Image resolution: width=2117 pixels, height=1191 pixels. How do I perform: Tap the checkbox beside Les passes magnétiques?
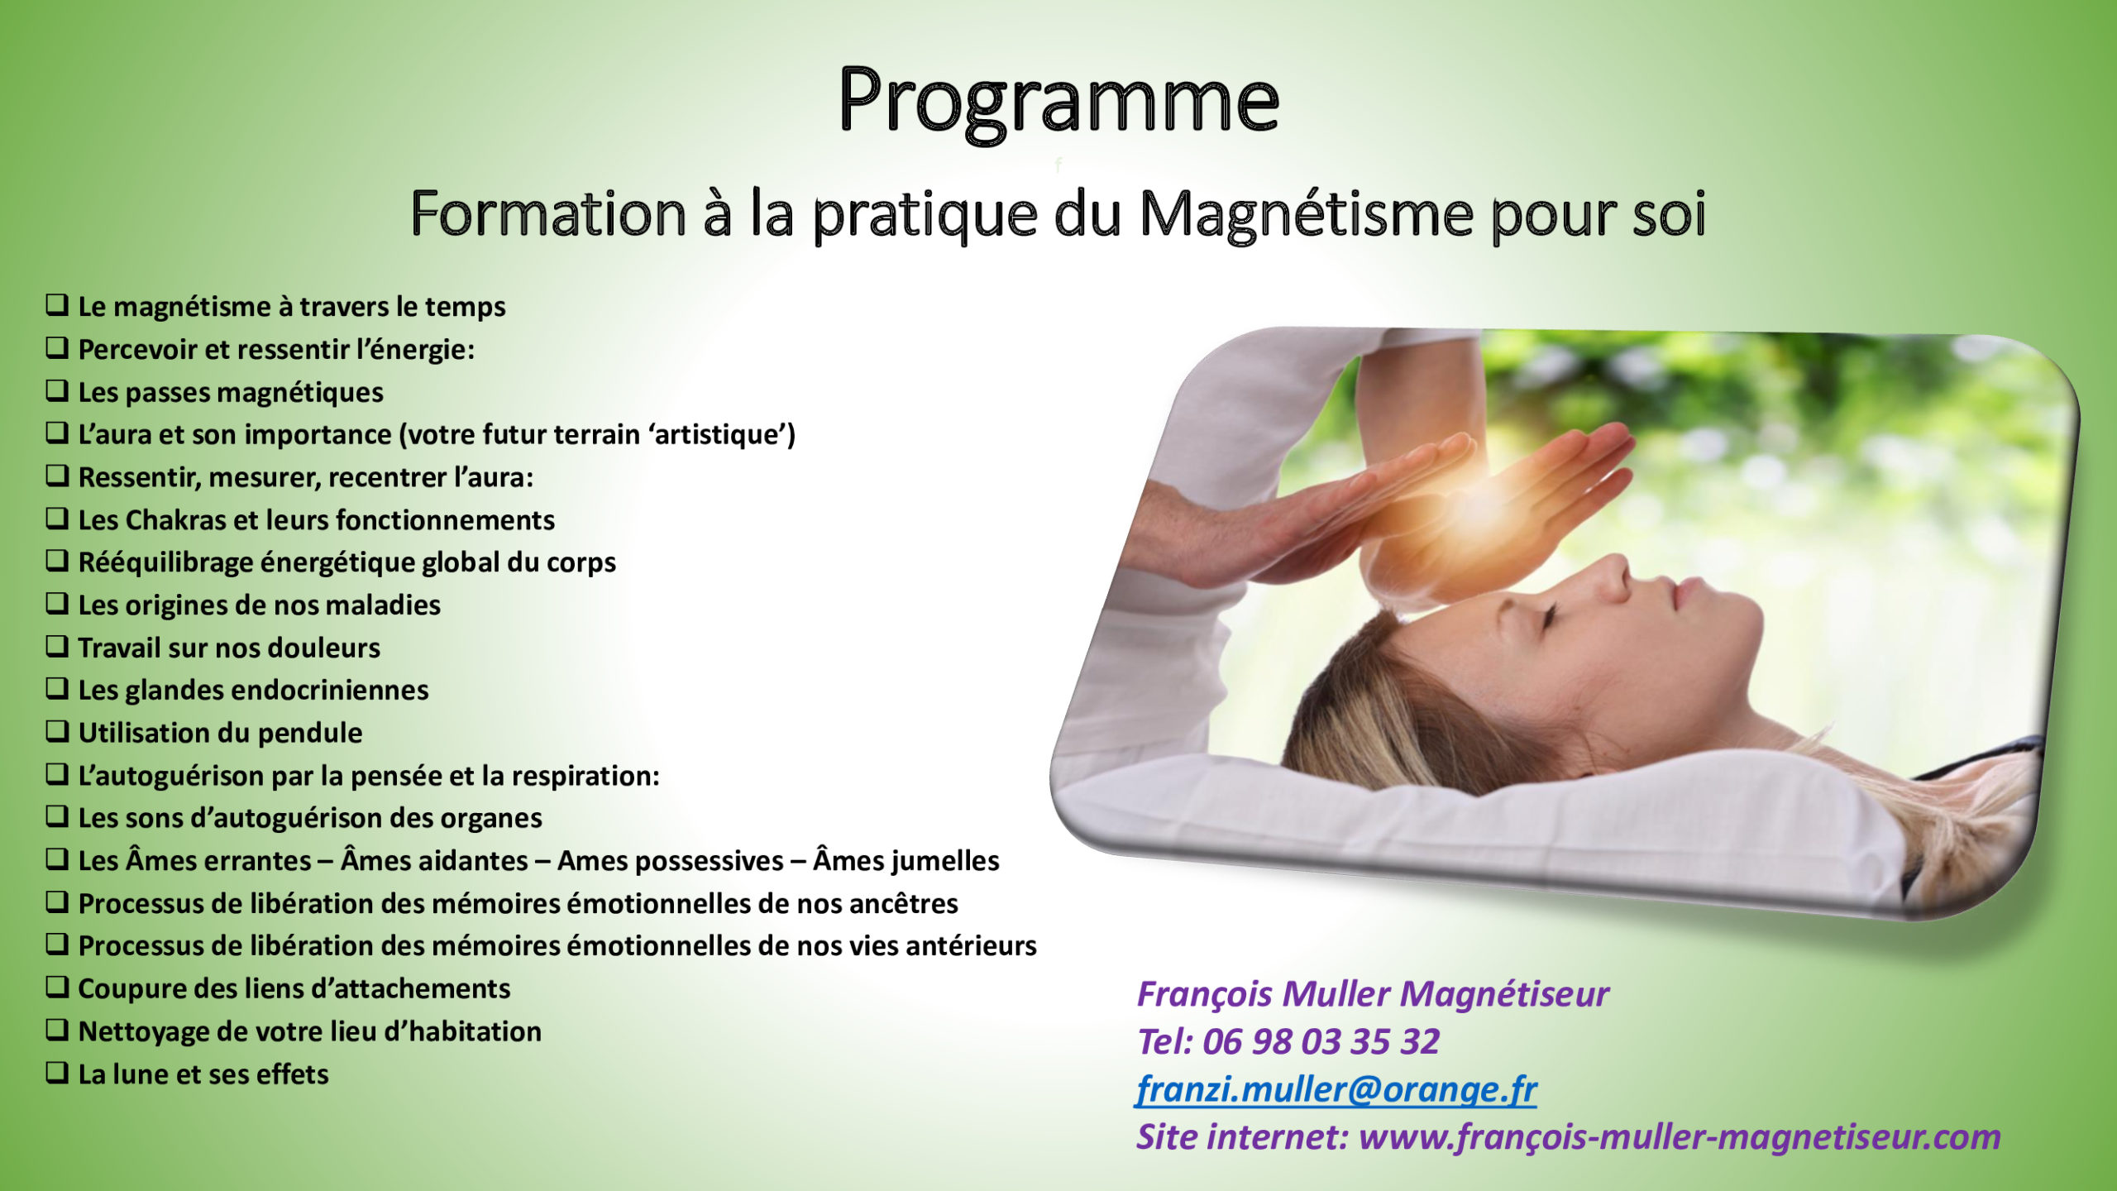[x=57, y=390]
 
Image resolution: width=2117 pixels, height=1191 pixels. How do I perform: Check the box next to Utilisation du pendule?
[x=57, y=731]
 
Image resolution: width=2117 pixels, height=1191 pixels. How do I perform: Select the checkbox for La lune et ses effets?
[x=57, y=1073]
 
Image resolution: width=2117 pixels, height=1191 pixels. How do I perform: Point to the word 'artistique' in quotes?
[x=719, y=434]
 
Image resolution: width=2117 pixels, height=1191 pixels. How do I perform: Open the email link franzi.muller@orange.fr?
[x=1336, y=1089]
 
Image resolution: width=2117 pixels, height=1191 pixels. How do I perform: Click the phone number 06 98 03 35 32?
[x=1321, y=1041]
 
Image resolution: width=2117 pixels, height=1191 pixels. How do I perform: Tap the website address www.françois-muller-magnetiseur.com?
[x=1680, y=1137]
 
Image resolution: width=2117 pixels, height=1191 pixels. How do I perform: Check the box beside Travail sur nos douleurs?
[x=57, y=646]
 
